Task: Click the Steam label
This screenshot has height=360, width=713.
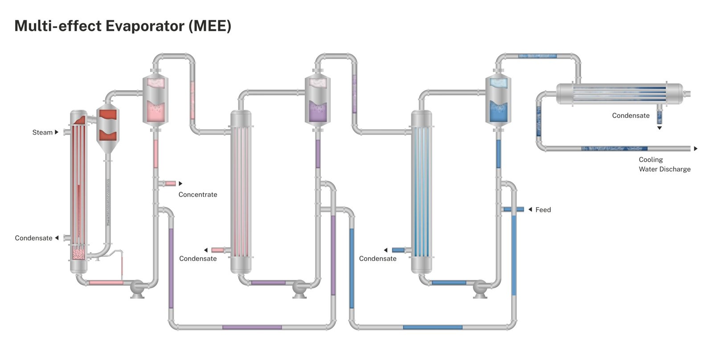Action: pos(42,132)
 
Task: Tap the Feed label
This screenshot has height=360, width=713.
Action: pos(543,210)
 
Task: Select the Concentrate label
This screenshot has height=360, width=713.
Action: pos(198,195)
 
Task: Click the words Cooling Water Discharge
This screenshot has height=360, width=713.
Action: pos(664,164)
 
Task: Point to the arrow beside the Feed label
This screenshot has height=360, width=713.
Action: pos(530,209)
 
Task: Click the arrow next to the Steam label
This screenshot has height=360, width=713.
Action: pos(57,132)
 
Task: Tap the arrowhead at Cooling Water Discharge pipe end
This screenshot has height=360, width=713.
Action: pos(696,149)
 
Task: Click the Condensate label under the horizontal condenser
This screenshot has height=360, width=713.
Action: pos(631,116)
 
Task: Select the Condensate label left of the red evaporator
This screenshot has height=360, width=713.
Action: pos(33,238)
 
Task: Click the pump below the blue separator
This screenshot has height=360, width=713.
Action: pos(480,288)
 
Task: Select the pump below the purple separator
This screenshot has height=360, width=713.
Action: pos(299,288)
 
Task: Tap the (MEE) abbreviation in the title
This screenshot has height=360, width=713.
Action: pos(210,26)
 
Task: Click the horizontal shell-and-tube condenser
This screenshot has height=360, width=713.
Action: pos(619,94)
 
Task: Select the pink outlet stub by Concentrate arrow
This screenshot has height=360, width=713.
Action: pos(170,184)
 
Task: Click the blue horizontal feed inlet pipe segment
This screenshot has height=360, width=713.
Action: pos(513,209)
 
